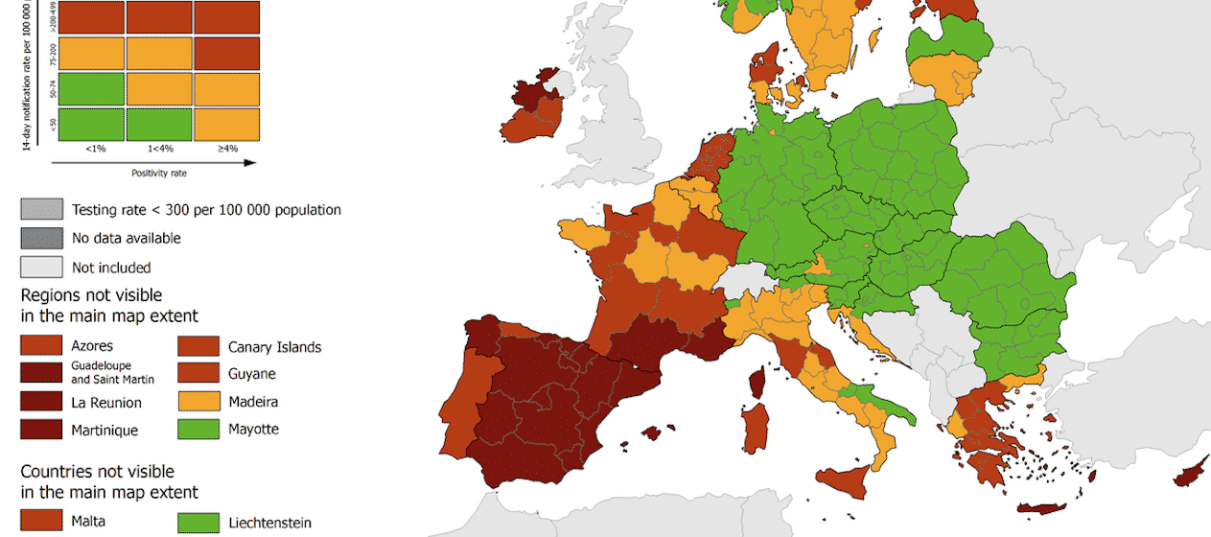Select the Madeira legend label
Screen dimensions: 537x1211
253,402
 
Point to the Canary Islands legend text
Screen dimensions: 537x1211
274,347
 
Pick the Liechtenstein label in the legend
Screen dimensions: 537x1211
269,524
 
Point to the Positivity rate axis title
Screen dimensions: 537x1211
158,174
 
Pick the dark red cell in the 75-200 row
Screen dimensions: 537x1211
226,53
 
